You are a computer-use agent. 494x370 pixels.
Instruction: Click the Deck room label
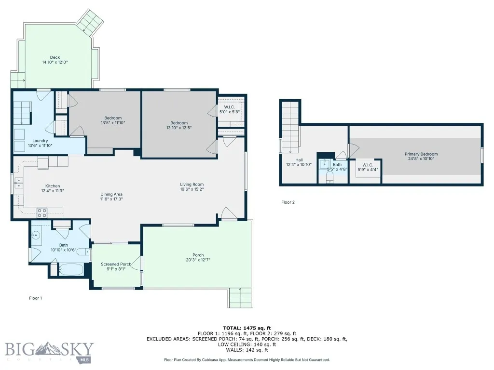coord(55,57)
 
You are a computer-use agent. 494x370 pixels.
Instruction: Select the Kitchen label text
coord(53,186)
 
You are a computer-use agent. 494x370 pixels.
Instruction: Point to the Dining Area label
coord(111,194)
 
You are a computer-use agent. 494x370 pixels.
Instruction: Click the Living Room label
coord(192,184)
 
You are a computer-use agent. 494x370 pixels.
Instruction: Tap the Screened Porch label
coord(116,264)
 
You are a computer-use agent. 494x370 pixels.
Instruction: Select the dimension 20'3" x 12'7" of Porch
coord(198,260)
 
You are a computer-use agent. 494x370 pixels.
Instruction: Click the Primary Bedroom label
coord(421,154)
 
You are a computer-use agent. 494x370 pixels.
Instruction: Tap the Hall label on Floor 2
coord(299,160)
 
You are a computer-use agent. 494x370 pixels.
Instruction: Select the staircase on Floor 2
coord(290,126)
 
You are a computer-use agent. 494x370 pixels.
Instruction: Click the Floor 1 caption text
coord(36,298)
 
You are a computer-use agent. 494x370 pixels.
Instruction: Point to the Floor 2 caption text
coord(288,202)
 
